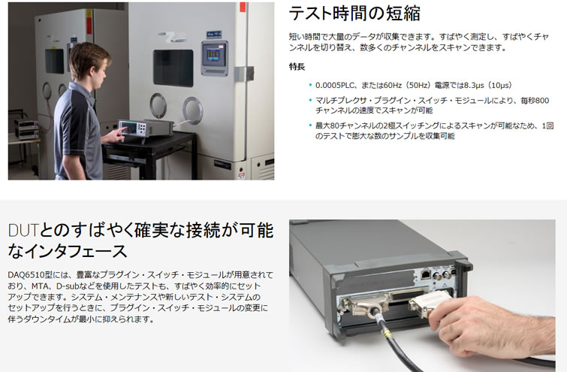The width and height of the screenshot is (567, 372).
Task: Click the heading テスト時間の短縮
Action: (354, 14)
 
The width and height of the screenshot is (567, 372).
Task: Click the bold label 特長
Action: (297, 67)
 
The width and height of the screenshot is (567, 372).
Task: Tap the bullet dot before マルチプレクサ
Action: (310, 100)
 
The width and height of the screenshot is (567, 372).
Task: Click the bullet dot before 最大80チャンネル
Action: (310, 126)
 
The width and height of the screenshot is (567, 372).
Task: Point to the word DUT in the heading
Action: (23, 231)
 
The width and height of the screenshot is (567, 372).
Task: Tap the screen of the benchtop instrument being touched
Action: (129, 127)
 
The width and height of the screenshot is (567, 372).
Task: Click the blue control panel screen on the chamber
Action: (214, 55)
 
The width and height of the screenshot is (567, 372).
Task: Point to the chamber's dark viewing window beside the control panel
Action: (173, 68)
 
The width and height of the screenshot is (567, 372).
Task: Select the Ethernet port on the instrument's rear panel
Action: (425, 275)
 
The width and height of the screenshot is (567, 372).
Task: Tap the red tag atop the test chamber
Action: (243, 7)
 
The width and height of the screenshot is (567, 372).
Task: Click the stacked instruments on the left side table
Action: (26, 129)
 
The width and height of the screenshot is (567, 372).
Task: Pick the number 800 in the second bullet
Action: (542, 100)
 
